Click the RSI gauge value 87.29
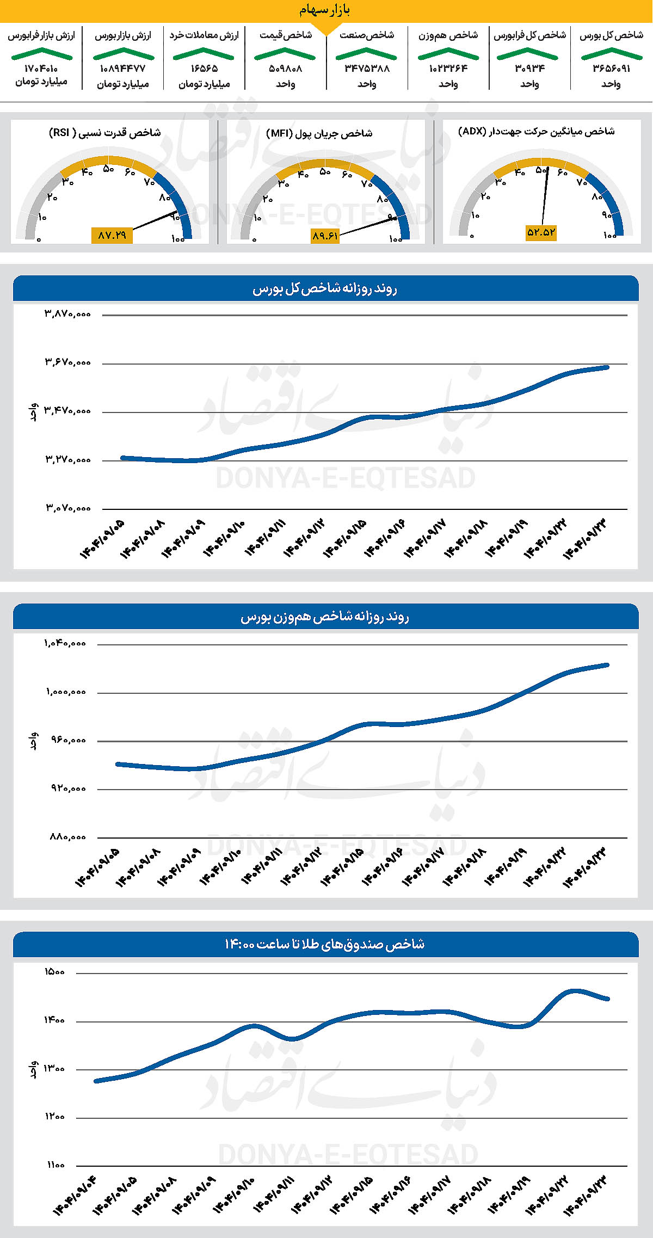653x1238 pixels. click(x=112, y=235)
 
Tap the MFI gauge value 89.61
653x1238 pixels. click(x=325, y=236)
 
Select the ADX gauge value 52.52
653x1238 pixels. click(x=541, y=232)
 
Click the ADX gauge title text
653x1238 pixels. click(x=537, y=131)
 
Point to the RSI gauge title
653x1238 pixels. click(x=105, y=133)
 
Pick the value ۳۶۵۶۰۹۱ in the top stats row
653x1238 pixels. click(x=611, y=69)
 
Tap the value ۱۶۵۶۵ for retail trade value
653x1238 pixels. click(x=204, y=69)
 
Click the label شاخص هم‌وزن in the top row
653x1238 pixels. click(x=448, y=35)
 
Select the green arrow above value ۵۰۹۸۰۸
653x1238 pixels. click(x=285, y=54)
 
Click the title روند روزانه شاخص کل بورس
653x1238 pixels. click(x=325, y=289)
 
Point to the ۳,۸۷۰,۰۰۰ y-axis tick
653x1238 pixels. click(x=68, y=314)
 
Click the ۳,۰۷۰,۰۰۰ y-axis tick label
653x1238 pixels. click(x=68, y=508)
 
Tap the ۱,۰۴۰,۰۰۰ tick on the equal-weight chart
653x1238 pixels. click(x=65, y=643)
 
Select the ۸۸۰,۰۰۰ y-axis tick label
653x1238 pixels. click(x=68, y=837)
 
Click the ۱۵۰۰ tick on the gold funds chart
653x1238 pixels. click(x=54, y=972)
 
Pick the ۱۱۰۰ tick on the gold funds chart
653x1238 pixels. click(x=55, y=1165)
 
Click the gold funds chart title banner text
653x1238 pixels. click(x=325, y=944)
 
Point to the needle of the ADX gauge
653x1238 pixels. click(x=545, y=196)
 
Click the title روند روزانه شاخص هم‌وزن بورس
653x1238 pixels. click(x=325, y=617)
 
